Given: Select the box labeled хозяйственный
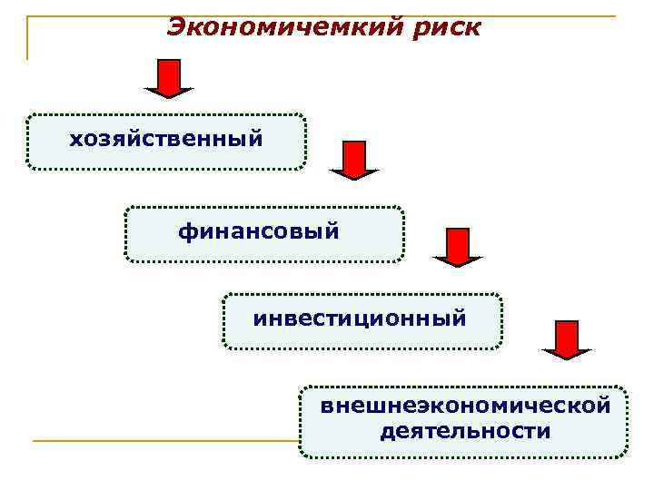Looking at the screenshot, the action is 166,142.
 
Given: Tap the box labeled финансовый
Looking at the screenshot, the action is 263,234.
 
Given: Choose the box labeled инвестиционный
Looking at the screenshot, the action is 362,321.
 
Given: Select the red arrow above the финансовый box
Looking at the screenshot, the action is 354,160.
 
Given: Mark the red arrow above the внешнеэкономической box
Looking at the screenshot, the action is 567,340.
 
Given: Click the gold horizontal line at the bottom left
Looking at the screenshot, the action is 163,441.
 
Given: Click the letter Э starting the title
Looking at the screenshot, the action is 178,28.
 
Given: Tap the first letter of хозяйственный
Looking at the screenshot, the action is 75,141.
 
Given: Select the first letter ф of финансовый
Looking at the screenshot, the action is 187,233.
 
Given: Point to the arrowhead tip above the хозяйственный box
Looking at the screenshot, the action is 169,95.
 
